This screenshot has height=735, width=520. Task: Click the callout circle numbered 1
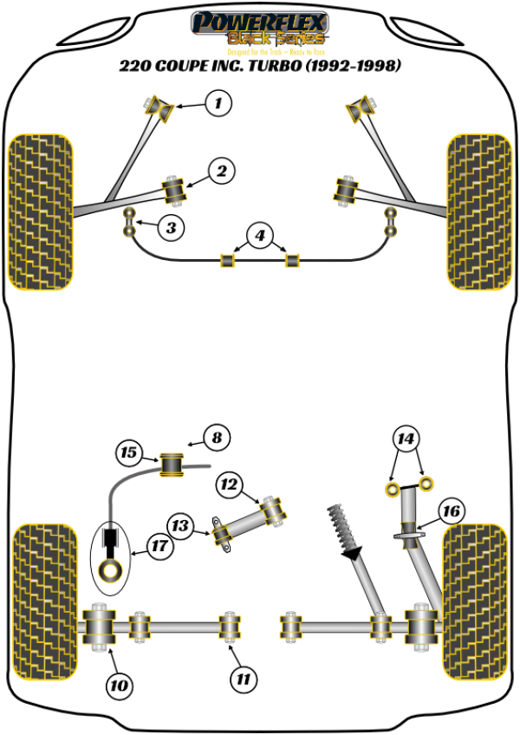pos(219,105)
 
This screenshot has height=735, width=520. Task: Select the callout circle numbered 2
pos(222,172)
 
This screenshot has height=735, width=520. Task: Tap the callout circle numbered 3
pos(172,228)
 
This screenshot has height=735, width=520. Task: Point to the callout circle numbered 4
pos(259,234)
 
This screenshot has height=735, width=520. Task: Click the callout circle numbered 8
pos(218,439)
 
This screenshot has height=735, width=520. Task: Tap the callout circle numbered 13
pos(180,525)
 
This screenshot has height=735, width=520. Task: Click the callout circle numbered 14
pos(406,439)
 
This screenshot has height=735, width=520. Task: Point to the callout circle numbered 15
pos(130,452)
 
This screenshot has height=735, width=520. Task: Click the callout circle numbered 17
pos(157,546)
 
